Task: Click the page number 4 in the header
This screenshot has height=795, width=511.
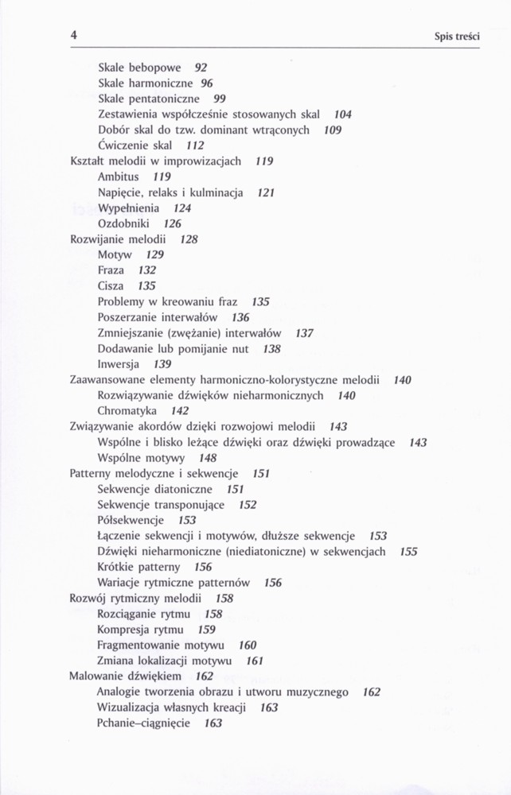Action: point(73,35)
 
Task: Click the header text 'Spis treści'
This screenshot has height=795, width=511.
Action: point(458,37)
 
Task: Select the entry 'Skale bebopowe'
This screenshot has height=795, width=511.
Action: point(139,68)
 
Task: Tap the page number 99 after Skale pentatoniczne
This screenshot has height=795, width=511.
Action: point(220,99)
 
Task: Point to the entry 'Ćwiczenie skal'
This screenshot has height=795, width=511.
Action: point(135,145)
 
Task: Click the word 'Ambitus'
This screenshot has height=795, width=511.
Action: point(118,176)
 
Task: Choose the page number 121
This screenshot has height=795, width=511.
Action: point(266,192)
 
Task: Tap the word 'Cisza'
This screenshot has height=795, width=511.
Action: point(111,286)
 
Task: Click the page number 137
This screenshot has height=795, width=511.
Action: point(304,333)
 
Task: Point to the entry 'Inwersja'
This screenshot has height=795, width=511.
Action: point(119,364)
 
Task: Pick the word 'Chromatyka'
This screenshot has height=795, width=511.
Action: point(127,411)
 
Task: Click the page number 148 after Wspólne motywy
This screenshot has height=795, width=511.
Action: point(208,458)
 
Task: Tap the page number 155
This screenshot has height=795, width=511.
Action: point(408,552)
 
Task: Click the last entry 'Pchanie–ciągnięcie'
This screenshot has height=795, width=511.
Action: point(143,723)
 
